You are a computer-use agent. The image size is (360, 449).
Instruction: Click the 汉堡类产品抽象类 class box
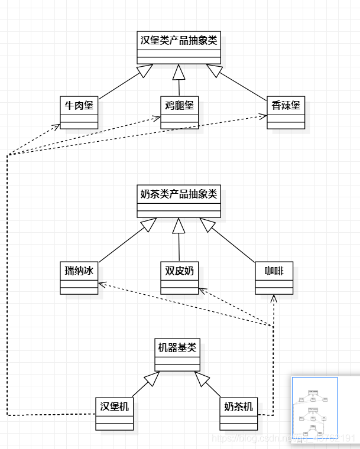click(x=179, y=48)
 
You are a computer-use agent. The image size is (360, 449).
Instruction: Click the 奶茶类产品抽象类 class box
click(x=179, y=201)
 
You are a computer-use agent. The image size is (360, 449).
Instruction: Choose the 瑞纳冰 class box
click(x=79, y=278)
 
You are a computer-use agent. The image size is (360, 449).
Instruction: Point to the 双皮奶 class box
click(x=180, y=278)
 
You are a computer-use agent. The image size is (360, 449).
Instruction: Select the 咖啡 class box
click(x=274, y=278)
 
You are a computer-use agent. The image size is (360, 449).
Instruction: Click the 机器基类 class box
click(x=177, y=354)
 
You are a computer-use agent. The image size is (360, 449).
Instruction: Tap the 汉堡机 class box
click(x=115, y=414)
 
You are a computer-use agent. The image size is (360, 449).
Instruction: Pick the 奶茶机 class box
click(x=239, y=414)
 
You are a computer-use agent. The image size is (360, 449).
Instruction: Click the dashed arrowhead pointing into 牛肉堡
click(x=57, y=126)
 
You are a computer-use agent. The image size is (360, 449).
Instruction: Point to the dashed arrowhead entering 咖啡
click(x=274, y=298)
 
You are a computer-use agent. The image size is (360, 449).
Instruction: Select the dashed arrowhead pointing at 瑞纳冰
click(x=102, y=285)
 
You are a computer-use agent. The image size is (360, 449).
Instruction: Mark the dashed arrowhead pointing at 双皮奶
click(x=202, y=290)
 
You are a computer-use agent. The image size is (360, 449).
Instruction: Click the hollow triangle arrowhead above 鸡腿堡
click(x=179, y=71)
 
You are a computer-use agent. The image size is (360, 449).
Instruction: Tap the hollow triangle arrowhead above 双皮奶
click(x=179, y=224)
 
